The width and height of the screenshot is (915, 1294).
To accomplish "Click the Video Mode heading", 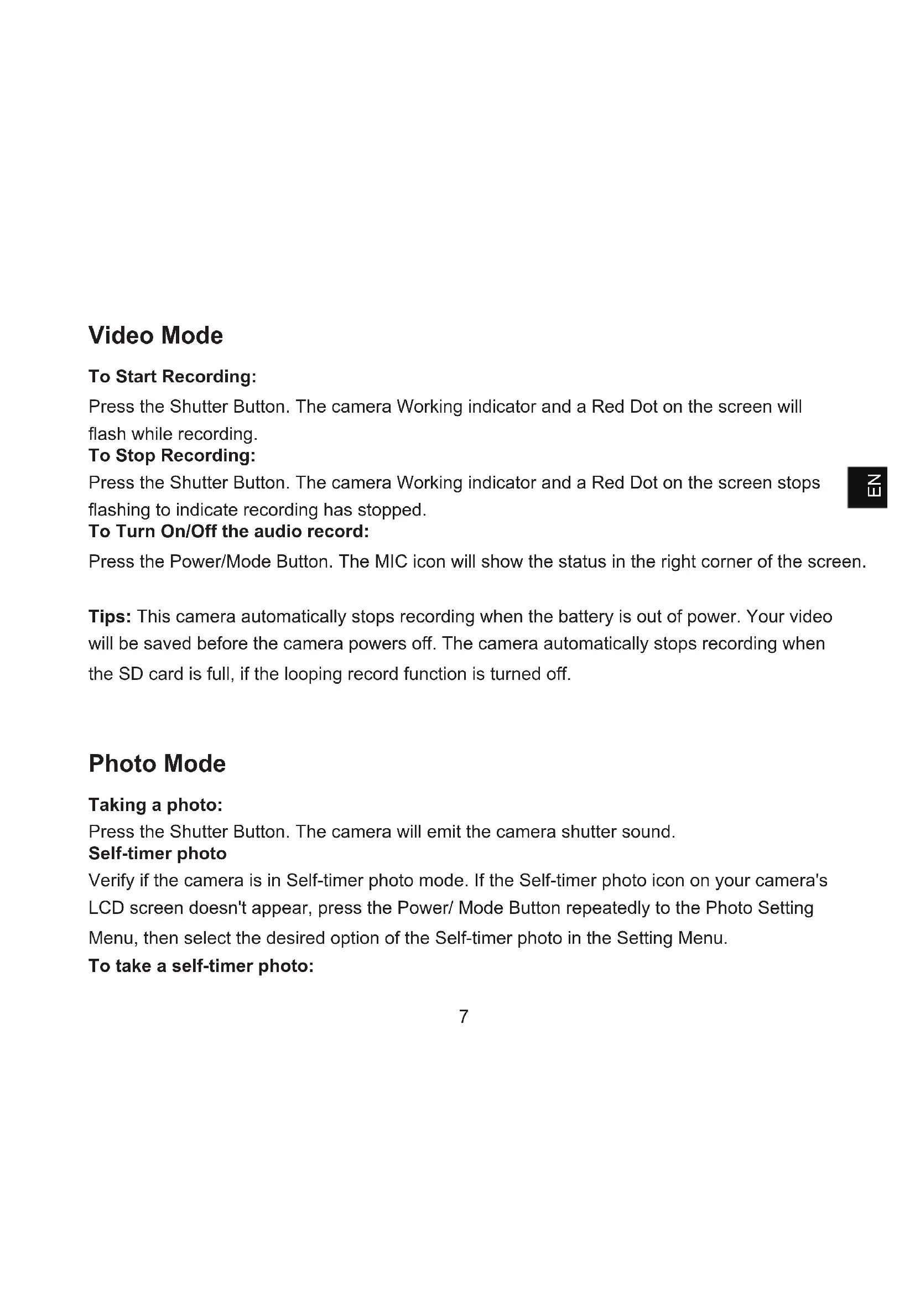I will click(x=155, y=335).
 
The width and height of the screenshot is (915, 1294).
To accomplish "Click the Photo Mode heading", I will click(x=157, y=763).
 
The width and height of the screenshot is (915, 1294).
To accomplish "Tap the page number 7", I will click(x=464, y=1016).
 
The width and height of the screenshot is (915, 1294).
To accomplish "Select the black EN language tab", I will click(x=867, y=487).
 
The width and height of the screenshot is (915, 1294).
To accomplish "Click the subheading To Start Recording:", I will click(x=173, y=377).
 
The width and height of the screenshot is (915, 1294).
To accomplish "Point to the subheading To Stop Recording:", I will click(x=172, y=455).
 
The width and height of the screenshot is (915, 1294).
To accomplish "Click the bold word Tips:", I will click(x=110, y=616).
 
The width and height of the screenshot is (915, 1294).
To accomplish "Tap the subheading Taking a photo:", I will click(x=155, y=805).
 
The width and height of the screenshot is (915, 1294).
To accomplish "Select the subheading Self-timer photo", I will click(x=158, y=854).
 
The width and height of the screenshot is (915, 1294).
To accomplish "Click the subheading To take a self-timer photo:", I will click(x=201, y=966).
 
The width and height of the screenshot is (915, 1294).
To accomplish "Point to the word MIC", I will click(x=391, y=562).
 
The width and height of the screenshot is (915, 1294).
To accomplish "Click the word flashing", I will click(x=119, y=510).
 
